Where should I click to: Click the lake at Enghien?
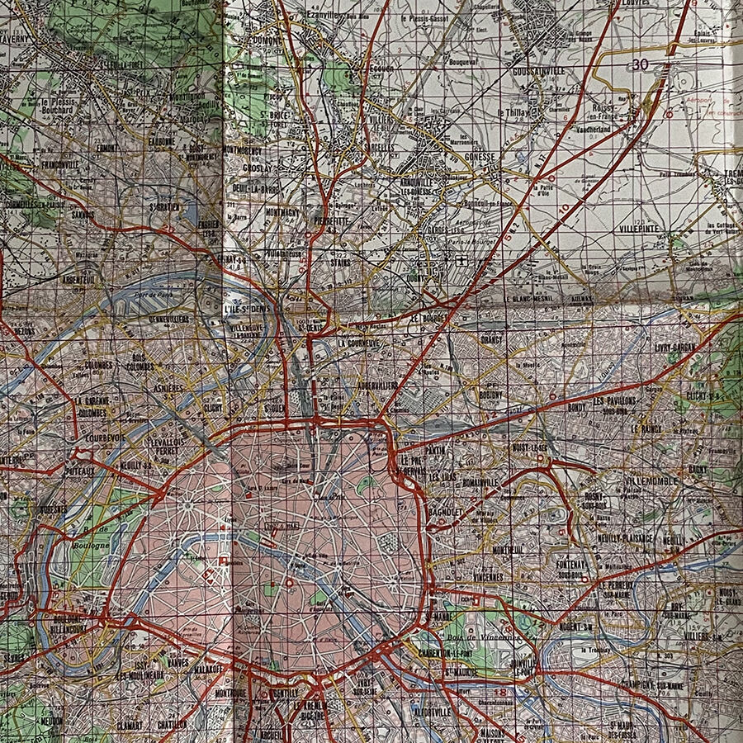192,216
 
